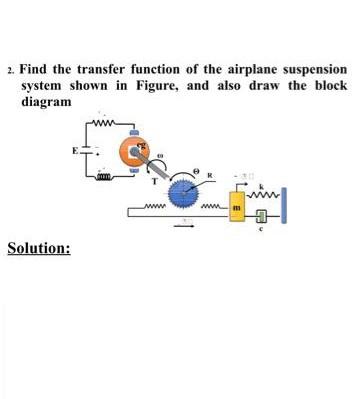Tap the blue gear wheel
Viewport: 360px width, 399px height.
[186, 191]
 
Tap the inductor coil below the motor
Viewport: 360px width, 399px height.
[102, 173]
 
